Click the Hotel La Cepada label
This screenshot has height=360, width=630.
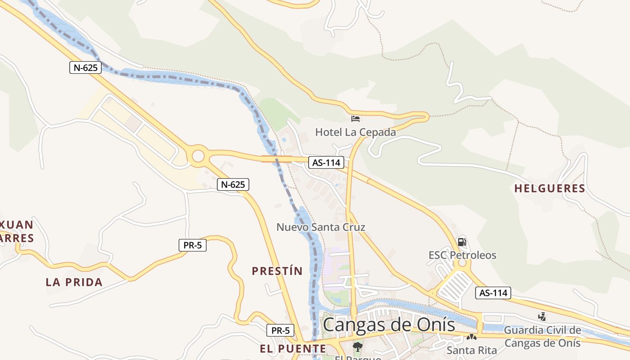tap(355, 132)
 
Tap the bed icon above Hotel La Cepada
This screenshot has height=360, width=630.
tap(355, 119)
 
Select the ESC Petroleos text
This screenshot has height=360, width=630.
tap(462, 255)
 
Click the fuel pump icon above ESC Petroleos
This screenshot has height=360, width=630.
tap(462, 242)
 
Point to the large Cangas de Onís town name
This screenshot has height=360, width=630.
tap(389, 324)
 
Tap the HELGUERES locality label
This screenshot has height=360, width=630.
tap(549, 189)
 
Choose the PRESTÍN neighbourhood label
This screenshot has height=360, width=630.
tap(277, 271)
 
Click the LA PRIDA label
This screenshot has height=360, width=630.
tap(74, 283)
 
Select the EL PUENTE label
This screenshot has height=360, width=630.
tap(293, 349)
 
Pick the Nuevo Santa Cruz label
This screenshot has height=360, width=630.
tap(321, 227)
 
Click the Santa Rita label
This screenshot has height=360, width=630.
tap(472, 350)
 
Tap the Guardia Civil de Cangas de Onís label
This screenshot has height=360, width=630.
tap(542, 337)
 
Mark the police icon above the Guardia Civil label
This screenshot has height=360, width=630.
tap(542, 317)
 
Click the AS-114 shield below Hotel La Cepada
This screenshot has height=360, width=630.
tap(326, 162)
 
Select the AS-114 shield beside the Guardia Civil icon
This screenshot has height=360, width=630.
tap(493, 293)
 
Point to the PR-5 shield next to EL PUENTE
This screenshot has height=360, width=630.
tap(281, 330)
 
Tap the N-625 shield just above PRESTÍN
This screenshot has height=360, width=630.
tap(233, 184)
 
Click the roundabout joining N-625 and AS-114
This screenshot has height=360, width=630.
tap(198, 157)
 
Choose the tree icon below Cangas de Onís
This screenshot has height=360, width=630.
tap(358, 347)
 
